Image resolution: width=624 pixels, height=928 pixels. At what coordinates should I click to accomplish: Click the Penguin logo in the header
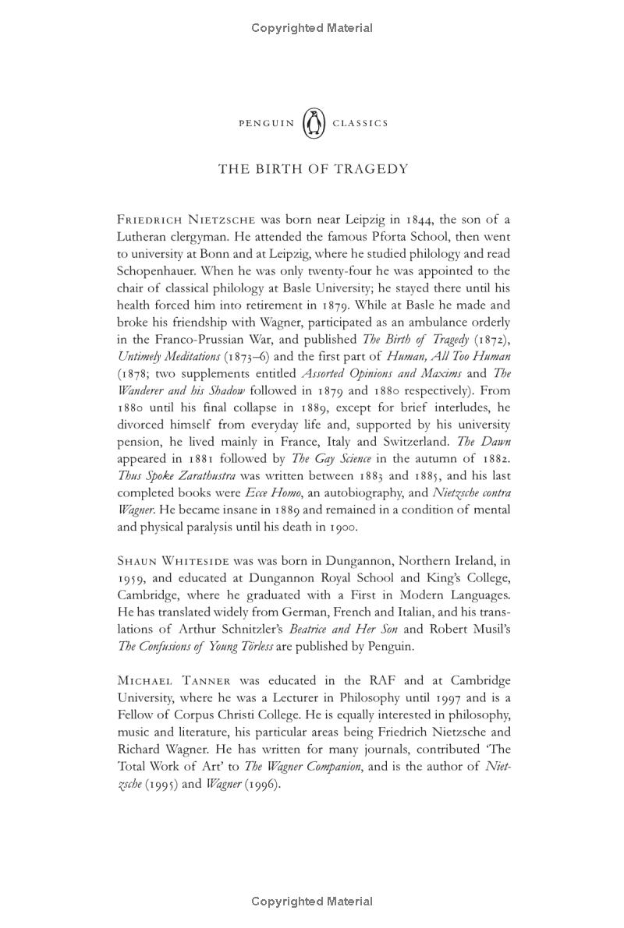point(313,123)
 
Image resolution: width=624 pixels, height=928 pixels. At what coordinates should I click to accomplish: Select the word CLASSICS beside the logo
point(360,123)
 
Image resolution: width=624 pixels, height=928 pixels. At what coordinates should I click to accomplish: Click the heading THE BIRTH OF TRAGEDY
point(313,169)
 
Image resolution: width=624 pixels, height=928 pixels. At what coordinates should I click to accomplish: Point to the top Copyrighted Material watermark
point(312,28)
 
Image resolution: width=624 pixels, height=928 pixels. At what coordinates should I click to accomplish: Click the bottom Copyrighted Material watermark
point(312,902)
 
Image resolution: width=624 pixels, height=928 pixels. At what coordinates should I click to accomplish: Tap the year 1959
point(132,578)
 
